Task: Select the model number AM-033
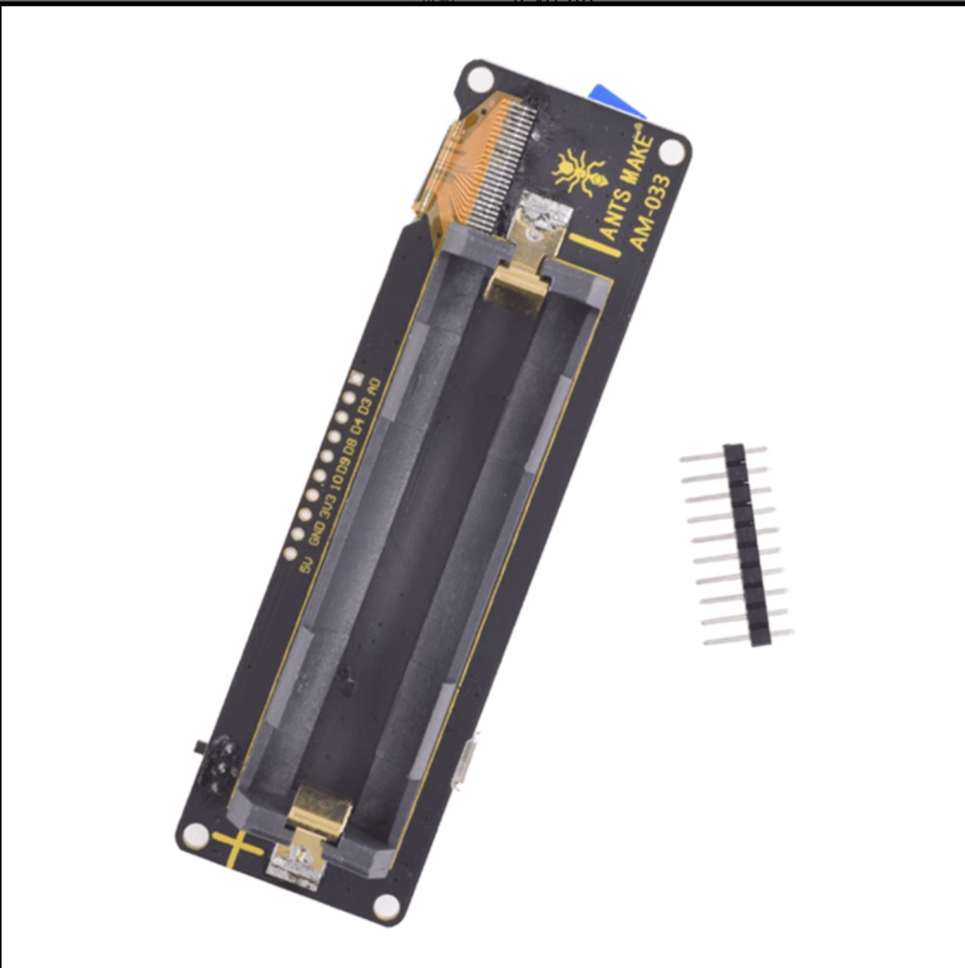pos(649,213)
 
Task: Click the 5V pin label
pos(305,565)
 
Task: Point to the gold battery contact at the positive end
pos(319,812)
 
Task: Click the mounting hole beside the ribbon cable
pos(480,80)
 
